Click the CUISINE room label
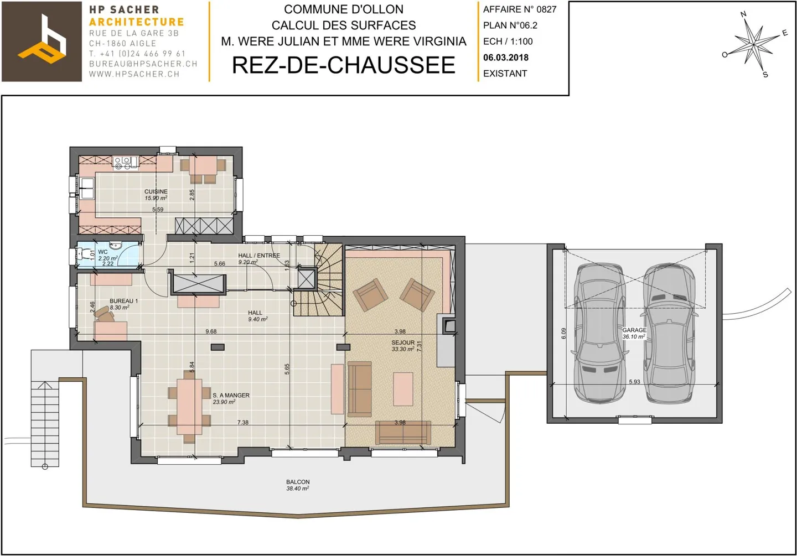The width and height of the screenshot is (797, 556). (156, 192)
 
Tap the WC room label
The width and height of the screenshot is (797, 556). (103, 252)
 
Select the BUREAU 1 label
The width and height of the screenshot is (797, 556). (123, 301)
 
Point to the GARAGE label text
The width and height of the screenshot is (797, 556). (634, 330)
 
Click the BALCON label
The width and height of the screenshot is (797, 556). (298, 482)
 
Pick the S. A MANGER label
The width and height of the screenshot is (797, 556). (231, 396)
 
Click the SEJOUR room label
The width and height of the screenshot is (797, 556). (402, 343)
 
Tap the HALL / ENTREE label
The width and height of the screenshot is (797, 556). (258, 256)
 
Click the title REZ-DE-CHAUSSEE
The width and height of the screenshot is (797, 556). (343, 65)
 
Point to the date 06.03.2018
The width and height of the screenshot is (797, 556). (505, 58)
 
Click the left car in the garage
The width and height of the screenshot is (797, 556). (600, 332)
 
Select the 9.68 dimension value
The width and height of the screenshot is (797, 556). (211, 331)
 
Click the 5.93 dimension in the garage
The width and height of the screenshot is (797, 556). (634, 382)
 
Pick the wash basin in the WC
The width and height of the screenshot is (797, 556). (116, 246)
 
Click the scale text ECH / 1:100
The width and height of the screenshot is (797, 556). (508, 41)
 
